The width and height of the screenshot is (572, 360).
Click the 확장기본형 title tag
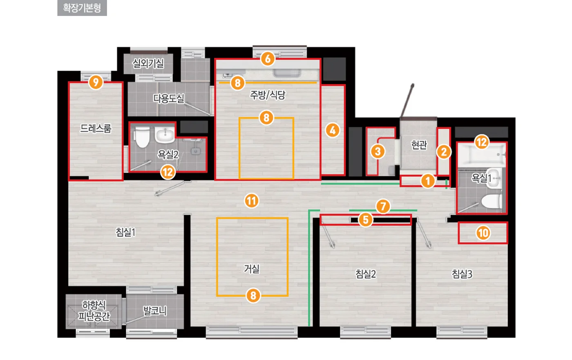[x=82, y=8]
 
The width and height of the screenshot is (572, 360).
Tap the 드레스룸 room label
[x=96, y=128]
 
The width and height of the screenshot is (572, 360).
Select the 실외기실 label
[x=148, y=63]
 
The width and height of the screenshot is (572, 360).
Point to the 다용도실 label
[x=168, y=98]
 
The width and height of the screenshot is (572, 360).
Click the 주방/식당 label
[x=267, y=95]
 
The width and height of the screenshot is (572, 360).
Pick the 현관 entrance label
[x=419, y=145]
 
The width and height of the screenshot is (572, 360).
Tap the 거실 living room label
[x=252, y=268]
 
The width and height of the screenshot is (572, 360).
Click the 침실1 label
[x=126, y=232]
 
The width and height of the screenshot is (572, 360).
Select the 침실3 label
[x=462, y=274]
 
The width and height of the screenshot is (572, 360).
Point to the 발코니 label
[x=155, y=311]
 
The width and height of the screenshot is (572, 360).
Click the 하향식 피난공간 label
[x=94, y=311]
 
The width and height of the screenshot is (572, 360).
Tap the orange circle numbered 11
[x=252, y=201]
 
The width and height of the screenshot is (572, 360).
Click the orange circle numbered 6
[x=268, y=59]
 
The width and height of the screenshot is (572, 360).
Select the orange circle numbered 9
[x=96, y=82]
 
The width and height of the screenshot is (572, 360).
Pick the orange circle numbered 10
[x=483, y=233]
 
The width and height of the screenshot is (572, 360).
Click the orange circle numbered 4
[x=333, y=130]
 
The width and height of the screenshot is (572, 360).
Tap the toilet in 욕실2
[x=142, y=137]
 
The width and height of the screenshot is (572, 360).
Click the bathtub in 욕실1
[x=481, y=155]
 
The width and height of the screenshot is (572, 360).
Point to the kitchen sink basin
[x=287, y=73]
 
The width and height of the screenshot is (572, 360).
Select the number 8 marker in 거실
[x=253, y=296]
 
